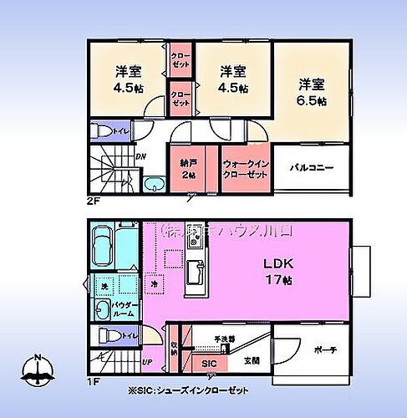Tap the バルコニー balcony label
coord(312,167)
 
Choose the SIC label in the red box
coord(210,364)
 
